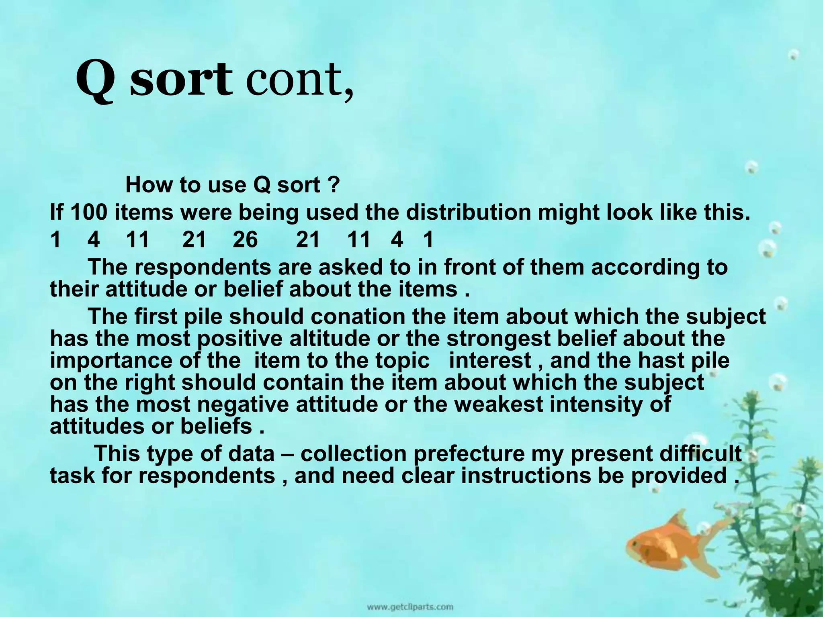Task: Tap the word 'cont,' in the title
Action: pos(300,82)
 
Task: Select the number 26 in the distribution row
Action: pos(245,240)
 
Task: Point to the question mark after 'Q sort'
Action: pos(334,185)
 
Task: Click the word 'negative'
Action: pos(242,404)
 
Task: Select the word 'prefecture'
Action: pos(469,454)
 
